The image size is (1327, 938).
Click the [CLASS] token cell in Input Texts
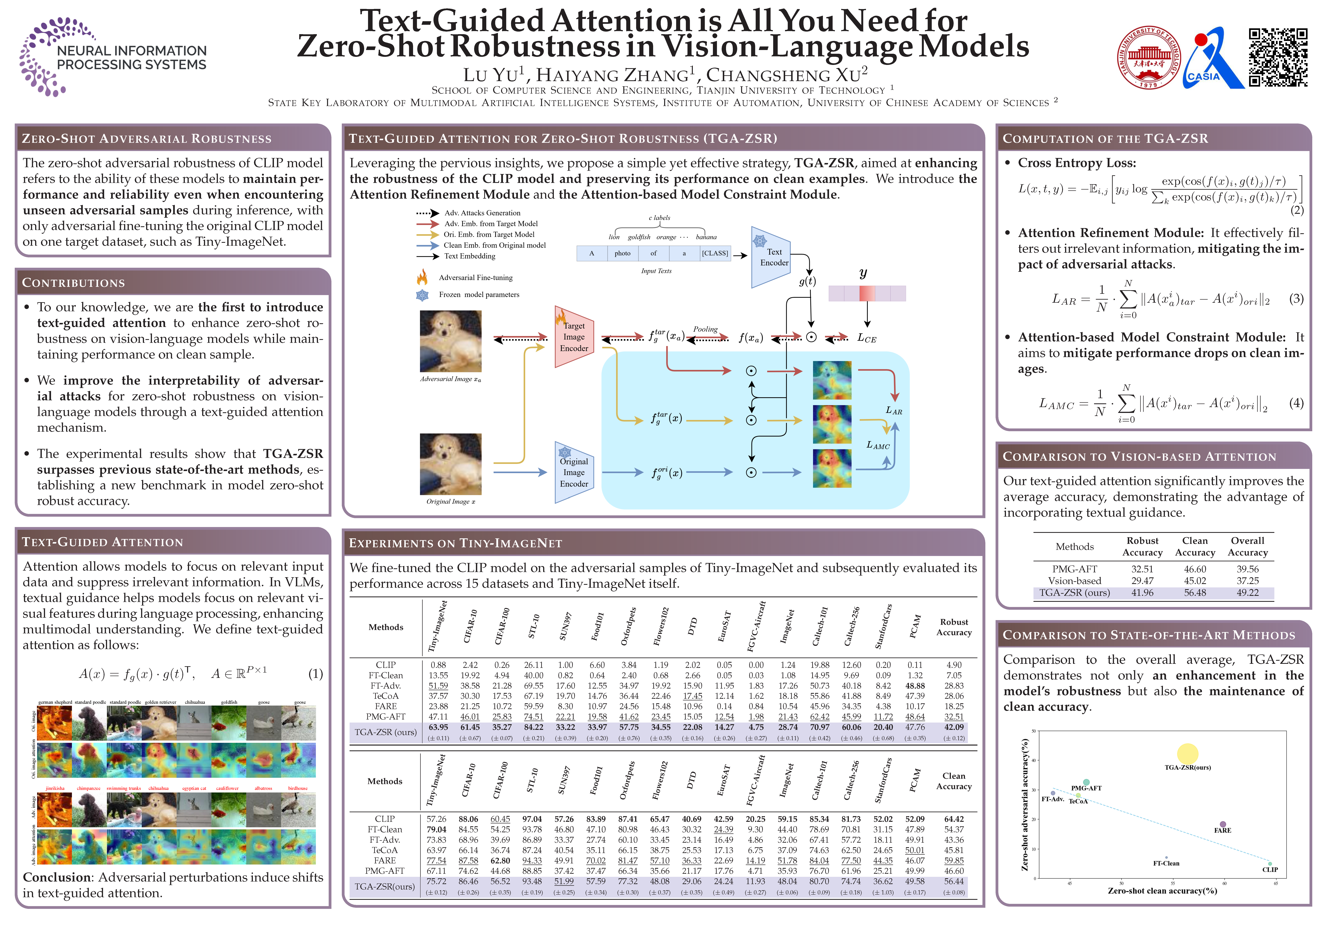click(x=715, y=253)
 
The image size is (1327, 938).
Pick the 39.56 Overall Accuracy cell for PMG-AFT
click(x=1247, y=569)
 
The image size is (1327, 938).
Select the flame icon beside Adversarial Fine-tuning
click(x=422, y=277)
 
